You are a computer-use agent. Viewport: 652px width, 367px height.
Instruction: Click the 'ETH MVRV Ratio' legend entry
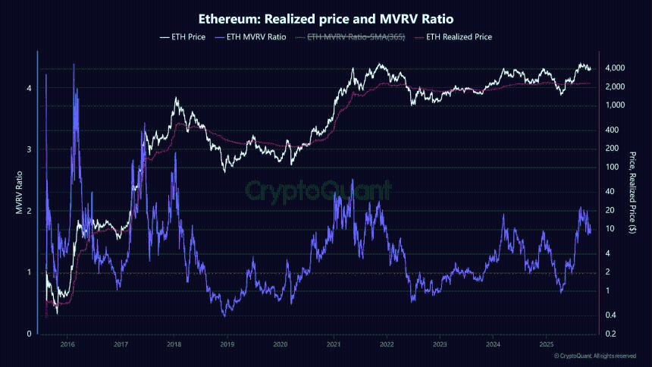pos(251,36)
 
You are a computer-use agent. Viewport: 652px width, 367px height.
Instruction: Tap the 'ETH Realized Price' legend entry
pos(453,36)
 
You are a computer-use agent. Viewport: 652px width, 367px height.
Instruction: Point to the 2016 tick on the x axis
pos(67,343)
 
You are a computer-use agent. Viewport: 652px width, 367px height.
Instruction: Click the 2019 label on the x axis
pos(227,343)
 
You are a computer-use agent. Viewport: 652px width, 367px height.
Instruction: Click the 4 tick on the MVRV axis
pos(28,88)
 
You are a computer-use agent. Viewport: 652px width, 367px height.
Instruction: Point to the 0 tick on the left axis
pos(28,334)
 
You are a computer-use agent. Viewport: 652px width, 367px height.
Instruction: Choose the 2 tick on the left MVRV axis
pos(28,211)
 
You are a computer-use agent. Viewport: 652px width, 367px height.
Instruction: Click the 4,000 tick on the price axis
pos(614,68)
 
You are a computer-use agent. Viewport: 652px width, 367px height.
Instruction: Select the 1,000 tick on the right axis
pos(614,105)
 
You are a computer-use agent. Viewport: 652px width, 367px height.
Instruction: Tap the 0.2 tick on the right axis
pos(610,334)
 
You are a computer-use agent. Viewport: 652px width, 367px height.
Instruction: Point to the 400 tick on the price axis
pos(611,130)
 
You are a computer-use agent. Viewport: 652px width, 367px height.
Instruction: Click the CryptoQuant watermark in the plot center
pos(319,189)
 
